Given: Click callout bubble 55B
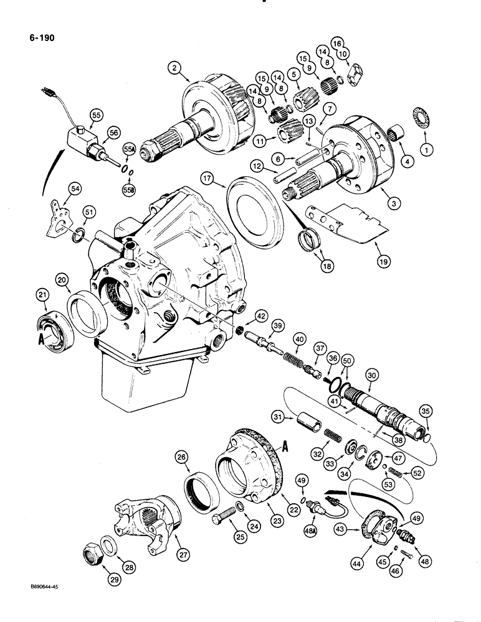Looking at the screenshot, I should pyautogui.click(x=129, y=185).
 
